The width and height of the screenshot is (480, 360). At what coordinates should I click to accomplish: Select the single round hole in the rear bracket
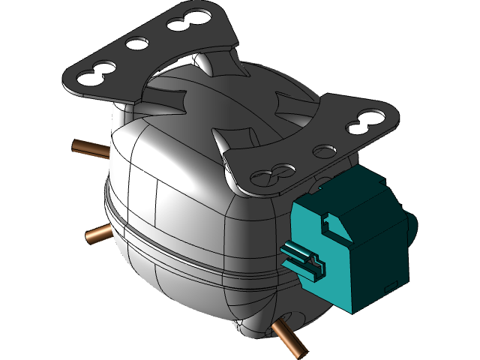click(136, 44)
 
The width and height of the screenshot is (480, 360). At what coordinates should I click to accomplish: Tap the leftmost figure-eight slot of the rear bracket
click(95, 71)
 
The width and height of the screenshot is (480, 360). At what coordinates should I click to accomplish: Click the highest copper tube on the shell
click(86, 146)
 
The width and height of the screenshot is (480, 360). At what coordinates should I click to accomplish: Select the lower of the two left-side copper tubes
click(96, 235)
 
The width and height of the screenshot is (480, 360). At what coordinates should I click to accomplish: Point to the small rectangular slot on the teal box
click(390, 286)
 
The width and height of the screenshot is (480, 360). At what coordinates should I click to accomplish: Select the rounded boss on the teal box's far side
click(412, 222)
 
